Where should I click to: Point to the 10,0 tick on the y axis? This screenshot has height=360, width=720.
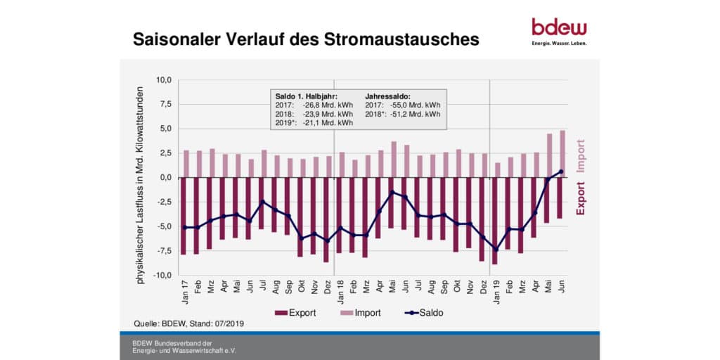(163, 80)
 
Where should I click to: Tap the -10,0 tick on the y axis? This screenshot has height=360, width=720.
(162, 276)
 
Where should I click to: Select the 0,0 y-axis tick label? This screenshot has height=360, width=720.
(165, 178)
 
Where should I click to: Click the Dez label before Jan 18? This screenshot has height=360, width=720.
(326, 289)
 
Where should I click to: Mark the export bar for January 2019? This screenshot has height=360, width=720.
(496, 221)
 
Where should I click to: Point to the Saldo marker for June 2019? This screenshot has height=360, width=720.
(562, 172)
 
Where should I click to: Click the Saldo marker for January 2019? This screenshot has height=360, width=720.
(496, 250)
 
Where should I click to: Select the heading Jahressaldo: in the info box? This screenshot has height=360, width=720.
(389, 95)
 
